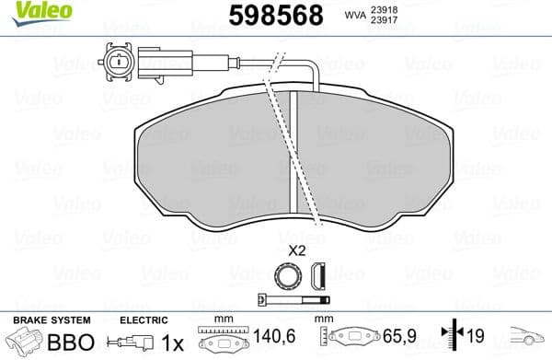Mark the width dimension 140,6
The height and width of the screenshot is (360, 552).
click(x=282, y=340)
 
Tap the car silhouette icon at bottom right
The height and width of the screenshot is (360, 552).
click(x=529, y=339)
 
